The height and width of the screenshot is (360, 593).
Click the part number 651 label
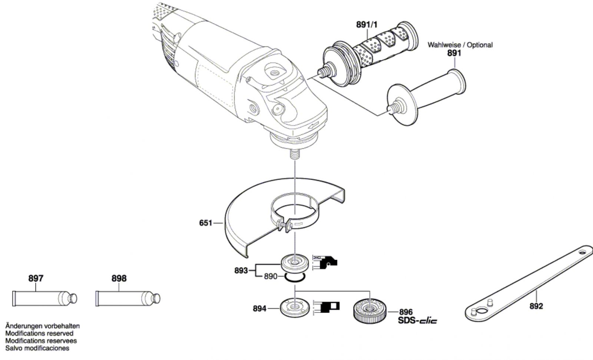click(206, 223)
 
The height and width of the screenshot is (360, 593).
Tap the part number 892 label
click(536, 306)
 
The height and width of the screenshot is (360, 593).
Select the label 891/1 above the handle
click(367, 25)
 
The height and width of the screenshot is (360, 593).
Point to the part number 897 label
click(36, 278)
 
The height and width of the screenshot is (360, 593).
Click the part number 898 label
click(119, 278)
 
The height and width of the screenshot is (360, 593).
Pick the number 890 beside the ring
click(271, 277)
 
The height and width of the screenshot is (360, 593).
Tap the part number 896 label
click(406, 312)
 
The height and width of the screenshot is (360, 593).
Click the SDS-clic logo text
click(417, 320)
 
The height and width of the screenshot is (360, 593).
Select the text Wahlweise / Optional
click(460, 45)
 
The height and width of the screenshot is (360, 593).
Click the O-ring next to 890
click(295, 277)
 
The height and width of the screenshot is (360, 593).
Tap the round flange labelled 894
click(295, 307)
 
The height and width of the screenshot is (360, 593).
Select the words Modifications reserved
click(39, 333)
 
